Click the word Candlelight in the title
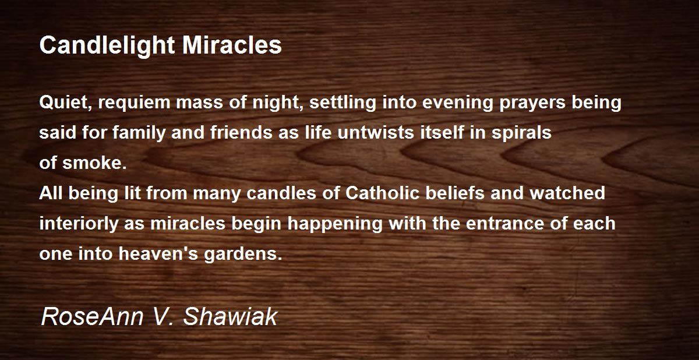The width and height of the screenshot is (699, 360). (x=107, y=46)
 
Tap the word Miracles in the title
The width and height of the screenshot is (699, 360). (x=232, y=45)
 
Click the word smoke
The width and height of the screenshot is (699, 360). (x=94, y=163)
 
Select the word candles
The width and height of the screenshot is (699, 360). (x=281, y=193)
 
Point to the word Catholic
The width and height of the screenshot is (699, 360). (x=382, y=193)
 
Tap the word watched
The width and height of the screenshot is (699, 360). (x=567, y=193)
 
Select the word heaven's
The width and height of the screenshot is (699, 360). (x=158, y=253)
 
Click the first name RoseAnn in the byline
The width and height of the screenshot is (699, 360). (x=93, y=317)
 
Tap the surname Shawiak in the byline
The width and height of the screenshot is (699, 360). (x=230, y=317)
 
